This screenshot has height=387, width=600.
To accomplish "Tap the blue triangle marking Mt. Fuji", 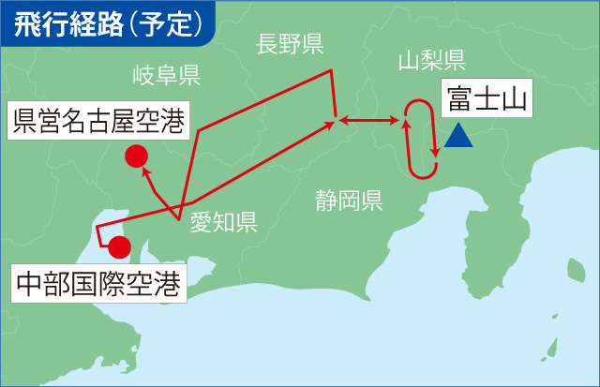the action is pos(459,137).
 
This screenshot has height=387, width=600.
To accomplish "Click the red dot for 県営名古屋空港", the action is pos(136,156).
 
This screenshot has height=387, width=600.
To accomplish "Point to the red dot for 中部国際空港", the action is pos(119,247).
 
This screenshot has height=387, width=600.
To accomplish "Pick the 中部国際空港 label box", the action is pos(97,281).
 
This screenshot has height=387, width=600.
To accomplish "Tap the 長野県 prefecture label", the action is pos(290,43).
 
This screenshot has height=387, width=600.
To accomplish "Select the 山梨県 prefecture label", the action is pos(431,62).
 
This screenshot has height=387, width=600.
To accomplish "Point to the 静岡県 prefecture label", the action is pos(348,200).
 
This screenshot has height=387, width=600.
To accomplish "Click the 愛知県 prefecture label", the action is pos(223,221).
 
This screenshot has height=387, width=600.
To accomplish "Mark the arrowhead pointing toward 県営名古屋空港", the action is pos(144,171).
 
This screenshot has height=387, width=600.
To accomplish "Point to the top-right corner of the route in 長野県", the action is pos(331,71).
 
